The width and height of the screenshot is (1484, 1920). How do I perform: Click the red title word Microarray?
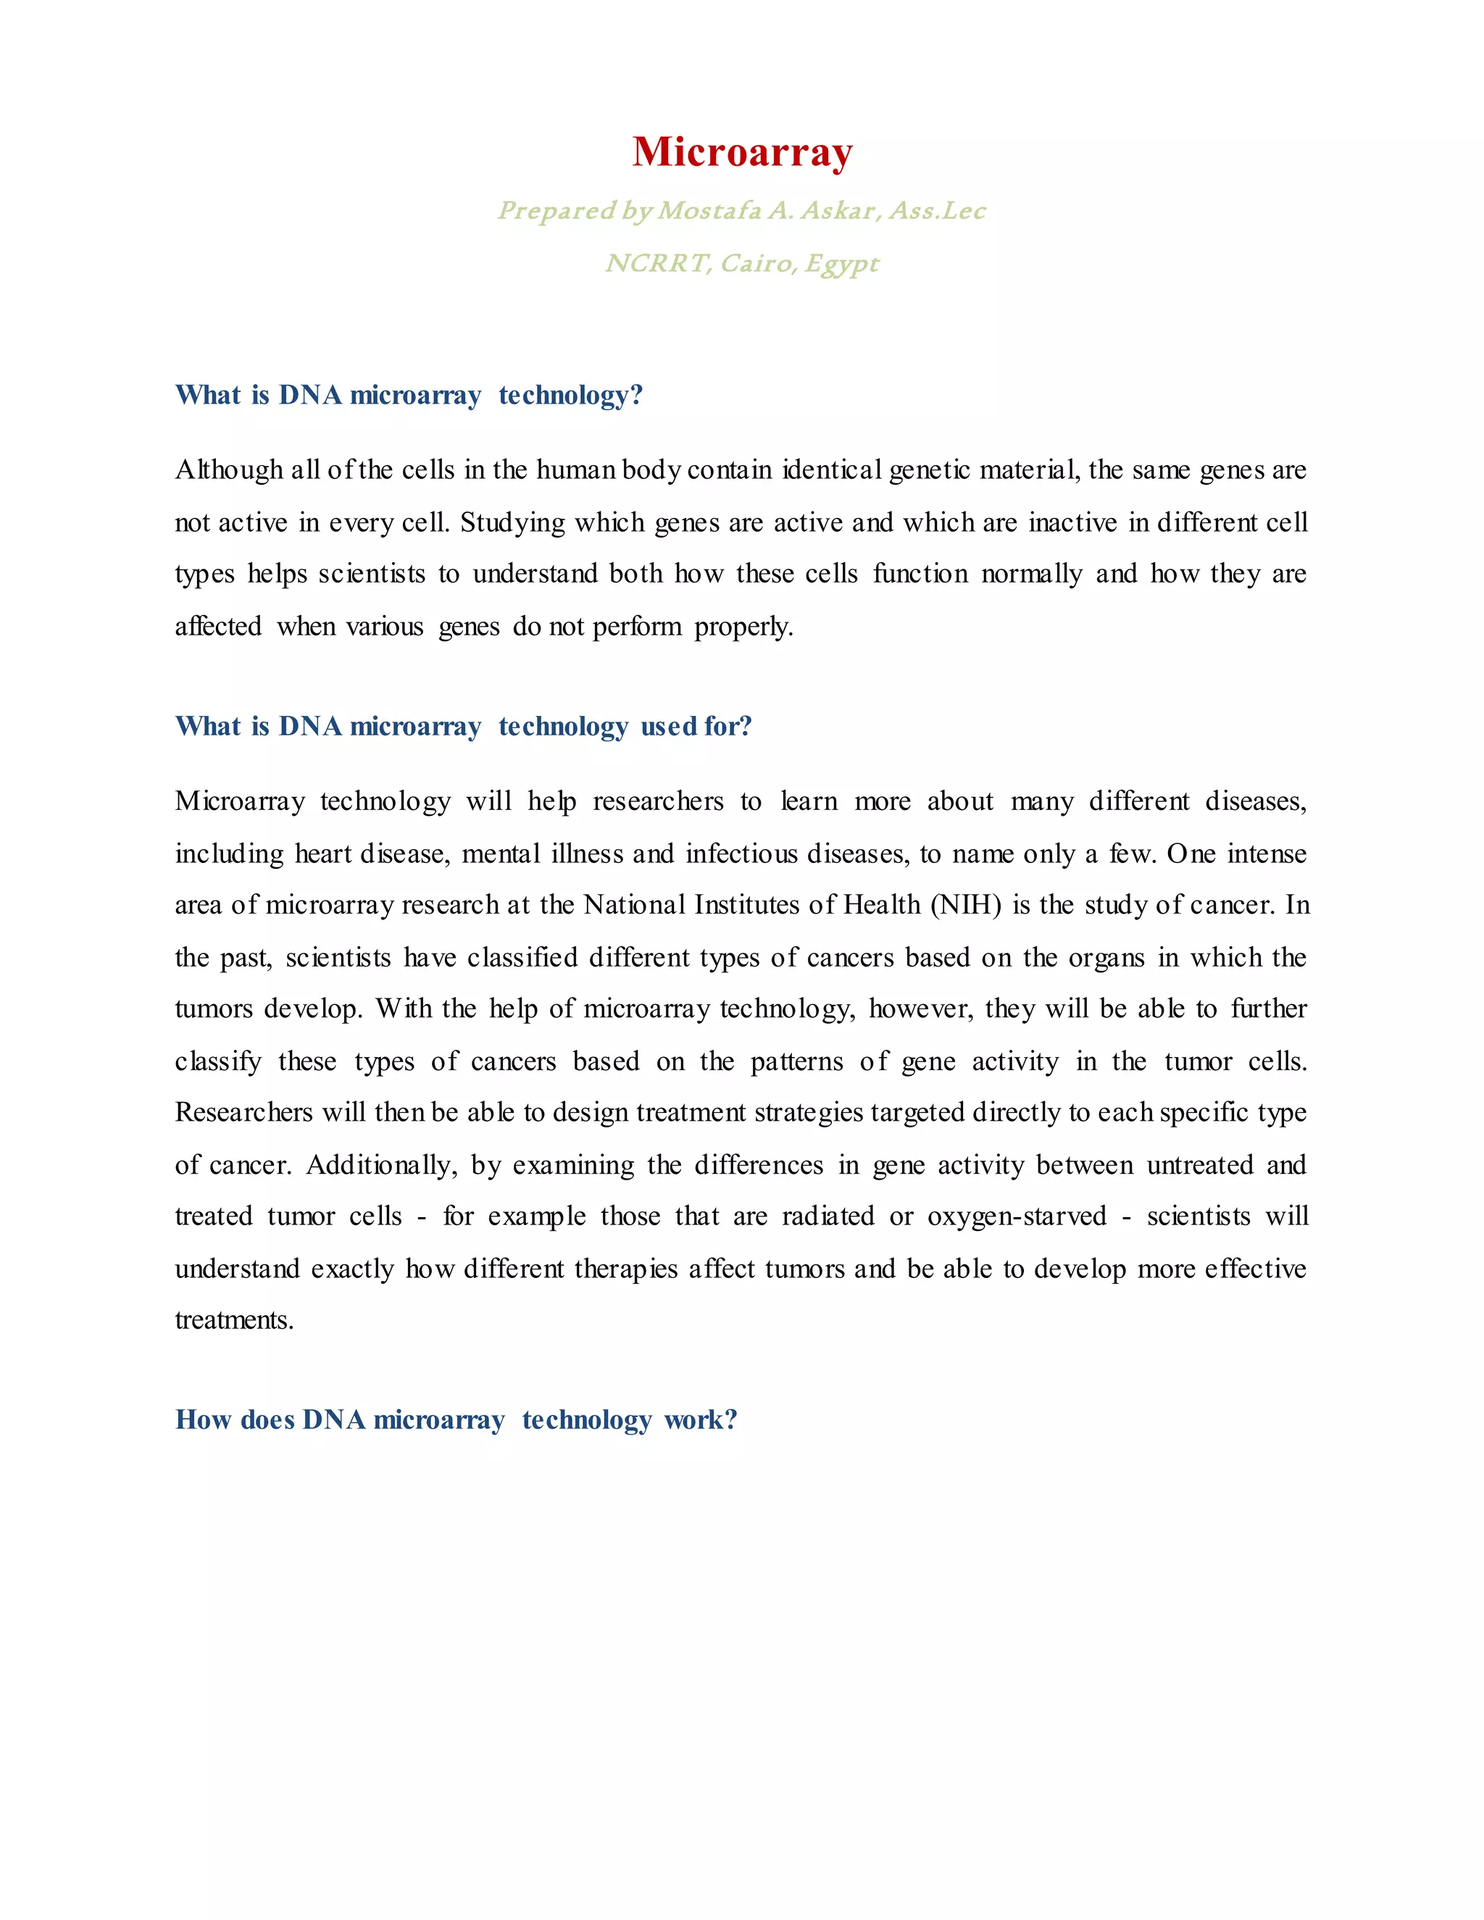742,152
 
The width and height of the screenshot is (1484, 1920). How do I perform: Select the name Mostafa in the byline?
709,211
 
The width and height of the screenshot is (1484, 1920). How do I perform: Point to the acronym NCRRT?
658,264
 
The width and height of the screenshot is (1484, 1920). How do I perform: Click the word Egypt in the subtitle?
841,264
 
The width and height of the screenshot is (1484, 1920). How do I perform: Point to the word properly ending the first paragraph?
743,627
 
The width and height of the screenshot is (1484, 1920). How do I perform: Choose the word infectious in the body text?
741,853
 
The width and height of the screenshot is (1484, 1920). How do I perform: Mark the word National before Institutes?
634,906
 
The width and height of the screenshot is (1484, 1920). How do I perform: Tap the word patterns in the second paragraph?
796,1062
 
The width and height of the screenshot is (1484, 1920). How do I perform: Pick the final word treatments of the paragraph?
234,1320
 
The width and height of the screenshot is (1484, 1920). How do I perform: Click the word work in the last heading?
700,1420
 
